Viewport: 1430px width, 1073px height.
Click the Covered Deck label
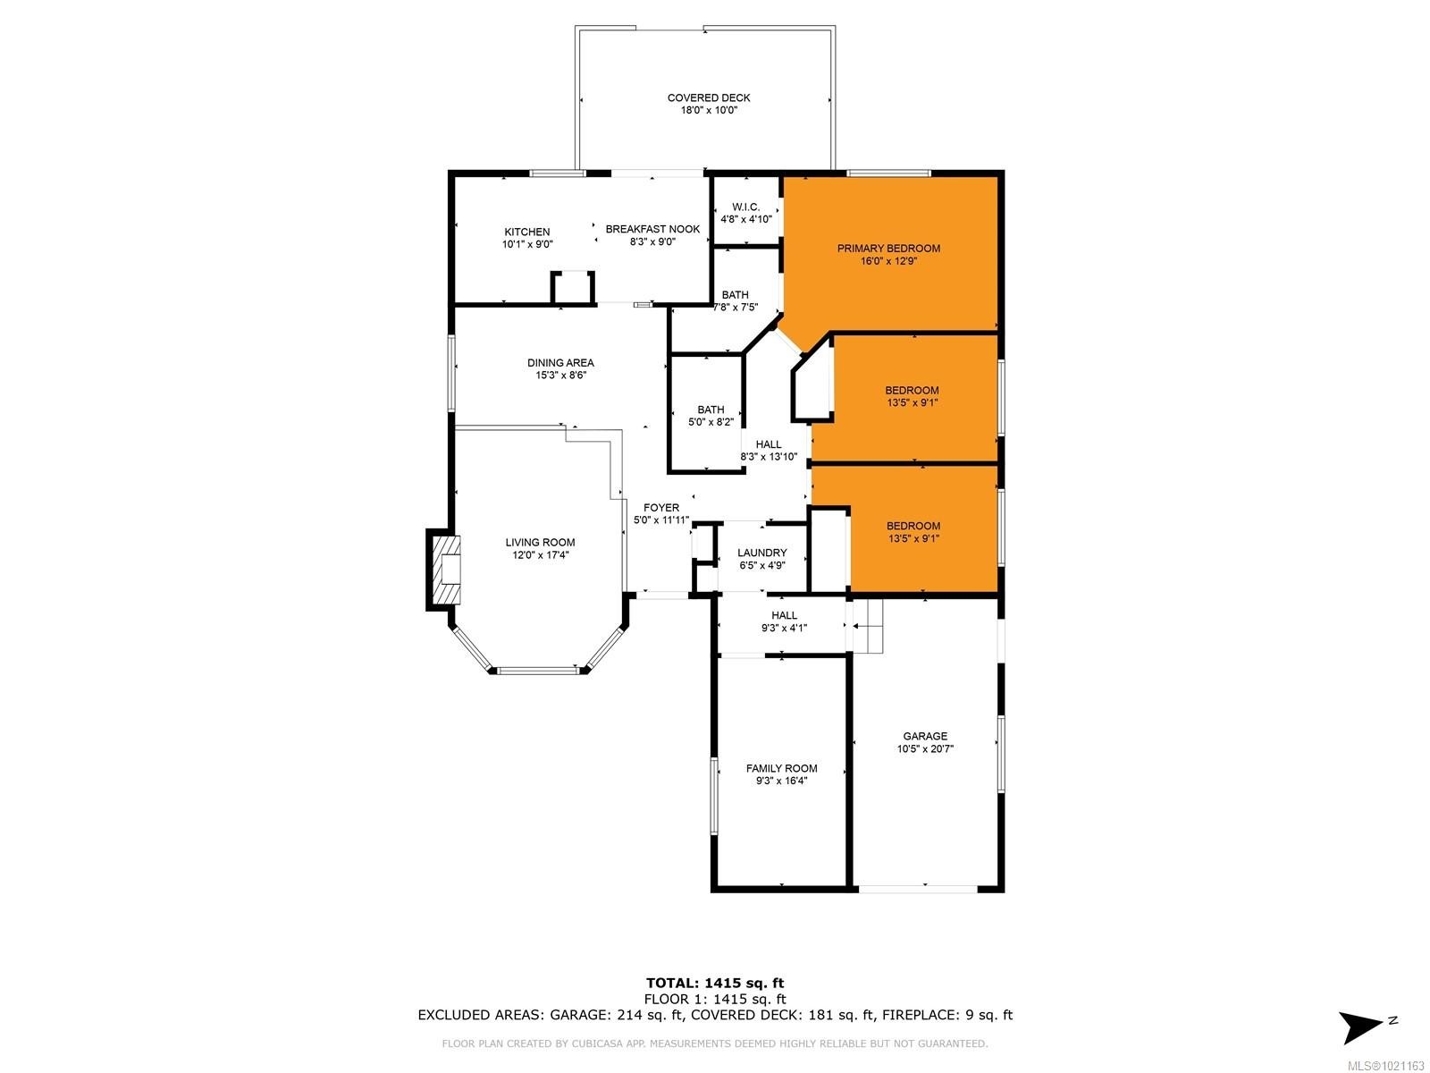pyautogui.click(x=709, y=98)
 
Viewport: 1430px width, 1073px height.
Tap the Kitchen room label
pyautogui.click(x=526, y=232)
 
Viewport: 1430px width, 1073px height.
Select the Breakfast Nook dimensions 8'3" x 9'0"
pyautogui.click(x=652, y=241)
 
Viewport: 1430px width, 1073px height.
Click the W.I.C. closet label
pyautogui.click(x=745, y=207)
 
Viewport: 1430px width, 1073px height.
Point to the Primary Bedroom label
pyautogui.click(x=888, y=249)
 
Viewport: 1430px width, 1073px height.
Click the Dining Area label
pyautogui.click(x=560, y=363)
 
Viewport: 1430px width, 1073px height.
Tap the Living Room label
pyautogui.click(x=540, y=543)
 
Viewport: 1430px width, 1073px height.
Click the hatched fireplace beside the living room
pyautogui.click(x=445, y=570)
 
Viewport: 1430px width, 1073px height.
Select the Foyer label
pyautogui.click(x=661, y=508)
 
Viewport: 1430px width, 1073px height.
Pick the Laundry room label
pyautogui.click(x=761, y=553)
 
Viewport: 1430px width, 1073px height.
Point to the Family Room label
pyautogui.click(x=781, y=769)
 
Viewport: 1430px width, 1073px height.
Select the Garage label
pyautogui.click(x=925, y=737)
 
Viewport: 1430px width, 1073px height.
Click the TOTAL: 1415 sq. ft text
pyautogui.click(x=715, y=984)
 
